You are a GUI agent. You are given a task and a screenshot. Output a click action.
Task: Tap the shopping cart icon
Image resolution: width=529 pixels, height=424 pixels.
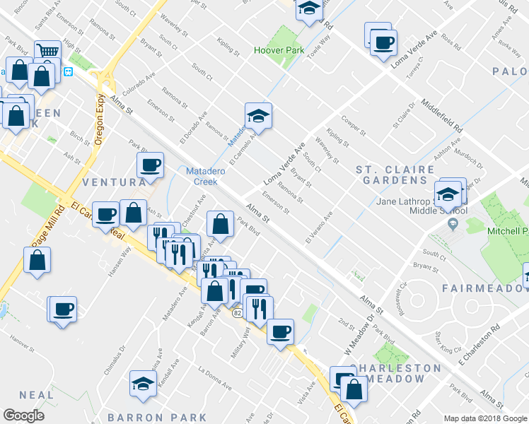[x=47, y=50]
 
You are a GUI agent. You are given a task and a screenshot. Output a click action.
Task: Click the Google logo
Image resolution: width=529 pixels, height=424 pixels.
[x=23, y=416]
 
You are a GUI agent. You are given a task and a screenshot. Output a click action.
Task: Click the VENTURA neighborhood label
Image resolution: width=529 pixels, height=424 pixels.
[x=113, y=182]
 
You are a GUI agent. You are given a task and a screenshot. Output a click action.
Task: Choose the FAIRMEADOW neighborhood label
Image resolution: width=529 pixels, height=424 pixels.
[x=484, y=288]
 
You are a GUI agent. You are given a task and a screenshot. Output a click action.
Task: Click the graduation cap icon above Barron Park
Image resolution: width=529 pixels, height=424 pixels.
[x=143, y=384]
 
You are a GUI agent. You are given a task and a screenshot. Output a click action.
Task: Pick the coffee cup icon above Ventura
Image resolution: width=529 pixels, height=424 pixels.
[x=150, y=165]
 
